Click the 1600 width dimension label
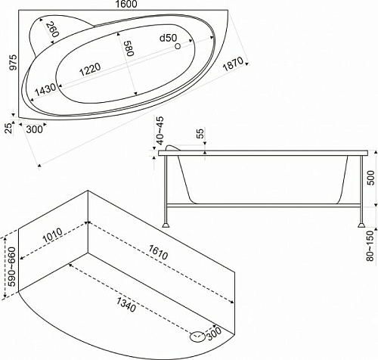point(127,4)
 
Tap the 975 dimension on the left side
point(13,62)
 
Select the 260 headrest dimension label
point(52,29)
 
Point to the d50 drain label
point(169,38)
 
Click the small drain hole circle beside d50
point(178,46)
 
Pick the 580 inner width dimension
point(129,48)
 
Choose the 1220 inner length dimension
point(90,70)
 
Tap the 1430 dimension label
point(45,89)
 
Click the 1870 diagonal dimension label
point(234,64)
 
